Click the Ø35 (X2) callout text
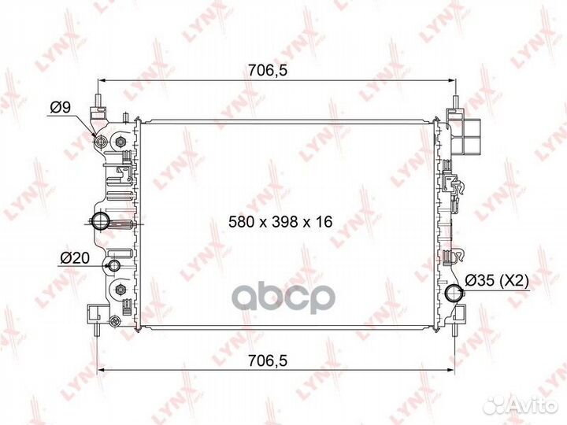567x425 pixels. click(x=497, y=279)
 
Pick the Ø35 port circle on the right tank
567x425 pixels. click(x=454, y=294)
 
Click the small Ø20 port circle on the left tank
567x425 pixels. click(x=115, y=265)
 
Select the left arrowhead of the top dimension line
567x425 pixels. click(x=100, y=81)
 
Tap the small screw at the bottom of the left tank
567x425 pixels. click(x=117, y=320)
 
